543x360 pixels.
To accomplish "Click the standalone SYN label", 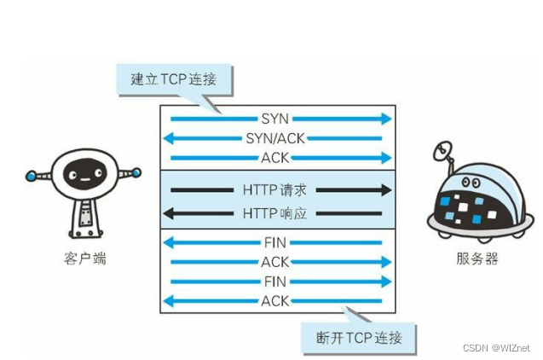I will (275, 119).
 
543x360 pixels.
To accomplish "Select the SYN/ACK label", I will (275, 138).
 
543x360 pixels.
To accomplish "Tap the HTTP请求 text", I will (274, 189).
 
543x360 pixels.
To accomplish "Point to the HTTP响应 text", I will (274, 212).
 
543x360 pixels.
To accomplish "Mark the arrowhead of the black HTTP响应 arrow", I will (169, 212).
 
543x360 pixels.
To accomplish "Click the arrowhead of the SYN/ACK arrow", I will (168, 138).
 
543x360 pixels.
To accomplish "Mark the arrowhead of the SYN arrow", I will (387, 119).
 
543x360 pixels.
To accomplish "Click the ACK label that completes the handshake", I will (275, 158).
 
